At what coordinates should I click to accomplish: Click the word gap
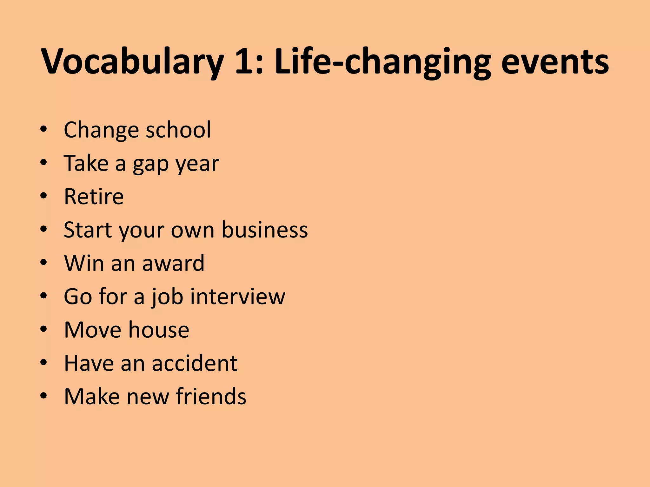coord(150,164)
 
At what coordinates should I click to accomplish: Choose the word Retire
coord(94,197)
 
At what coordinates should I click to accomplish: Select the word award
coord(173,263)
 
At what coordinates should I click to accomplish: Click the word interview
coord(240,296)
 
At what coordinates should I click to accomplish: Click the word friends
coord(211,396)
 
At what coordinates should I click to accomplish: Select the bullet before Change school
coord(44,129)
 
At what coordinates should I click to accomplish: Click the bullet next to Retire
coord(44,196)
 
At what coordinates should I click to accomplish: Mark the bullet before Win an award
coord(44,263)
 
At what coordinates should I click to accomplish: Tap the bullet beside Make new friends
coord(44,396)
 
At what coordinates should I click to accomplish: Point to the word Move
coord(92,330)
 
